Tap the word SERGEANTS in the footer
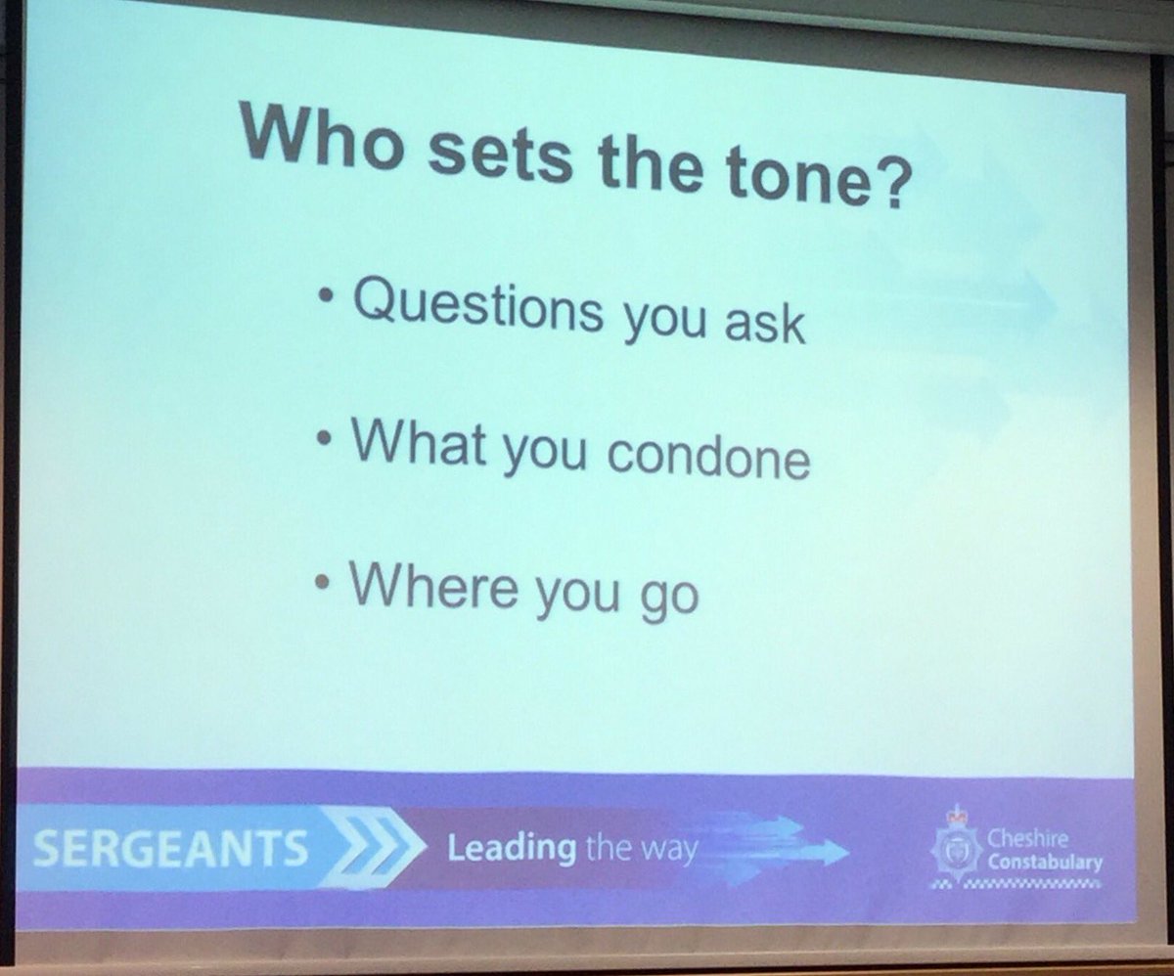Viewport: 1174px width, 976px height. pyautogui.click(x=170, y=849)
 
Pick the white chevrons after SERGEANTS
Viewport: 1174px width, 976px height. pyautogui.click(x=373, y=850)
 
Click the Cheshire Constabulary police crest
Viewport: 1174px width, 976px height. pyautogui.click(x=954, y=849)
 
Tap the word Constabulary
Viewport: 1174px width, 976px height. pyautogui.click(x=1044, y=863)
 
